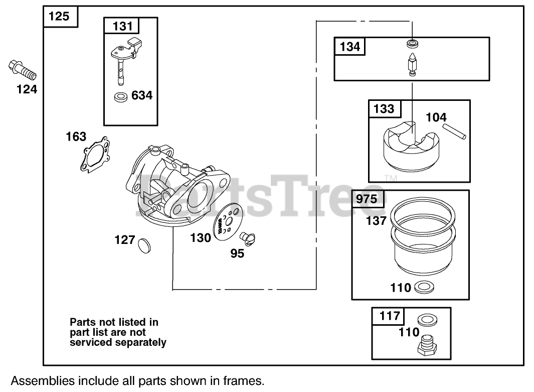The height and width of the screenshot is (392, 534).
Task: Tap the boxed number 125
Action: (x=59, y=16)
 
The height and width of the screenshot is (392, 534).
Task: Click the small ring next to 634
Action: (x=120, y=96)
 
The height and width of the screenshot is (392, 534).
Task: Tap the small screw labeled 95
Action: (x=248, y=236)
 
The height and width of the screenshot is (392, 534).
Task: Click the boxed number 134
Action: (x=350, y=47)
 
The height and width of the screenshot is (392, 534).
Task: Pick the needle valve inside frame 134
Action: (x=411, y=63)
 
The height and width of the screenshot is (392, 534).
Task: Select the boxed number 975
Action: (x=367, y=199)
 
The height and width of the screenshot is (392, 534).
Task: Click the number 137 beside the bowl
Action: (x=376, y=220)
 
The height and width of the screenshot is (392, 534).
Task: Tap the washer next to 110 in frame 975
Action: (x=424, y=288)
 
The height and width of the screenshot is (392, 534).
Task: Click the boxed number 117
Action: (x=390, y=316)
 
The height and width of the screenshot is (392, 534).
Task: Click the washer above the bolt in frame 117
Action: (x=426, y=319)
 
